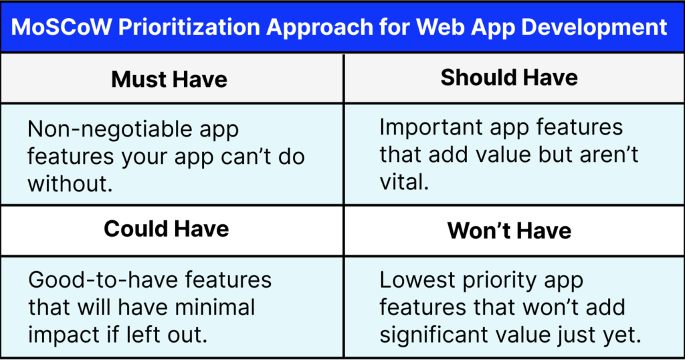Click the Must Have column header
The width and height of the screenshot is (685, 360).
point(169,79)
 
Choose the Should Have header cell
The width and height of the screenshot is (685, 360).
point(509,78)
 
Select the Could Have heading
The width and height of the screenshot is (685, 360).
point(167,229)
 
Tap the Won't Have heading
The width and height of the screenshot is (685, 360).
point(509,231)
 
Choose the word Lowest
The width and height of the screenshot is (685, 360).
point(419,280)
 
